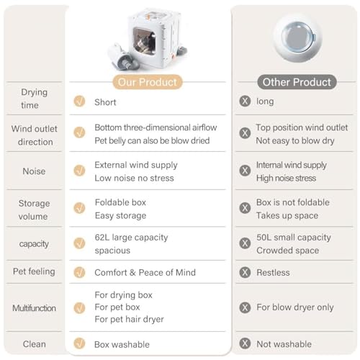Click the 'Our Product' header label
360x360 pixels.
148,81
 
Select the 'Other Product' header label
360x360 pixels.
296,81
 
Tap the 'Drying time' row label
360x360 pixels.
34,99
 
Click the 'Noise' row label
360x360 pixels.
34,171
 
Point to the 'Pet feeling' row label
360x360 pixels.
34,272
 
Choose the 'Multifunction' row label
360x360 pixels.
34,307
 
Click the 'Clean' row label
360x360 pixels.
34,344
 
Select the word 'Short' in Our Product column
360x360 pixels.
105,102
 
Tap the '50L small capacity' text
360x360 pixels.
294,238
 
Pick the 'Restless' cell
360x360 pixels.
273,273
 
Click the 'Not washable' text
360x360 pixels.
283,344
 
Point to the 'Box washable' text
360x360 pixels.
122,344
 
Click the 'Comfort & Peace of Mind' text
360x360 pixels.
145,273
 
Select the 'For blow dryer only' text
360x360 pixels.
295,307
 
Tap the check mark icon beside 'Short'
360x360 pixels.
79,102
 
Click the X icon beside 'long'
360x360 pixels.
245,102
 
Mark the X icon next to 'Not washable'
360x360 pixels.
245,344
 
